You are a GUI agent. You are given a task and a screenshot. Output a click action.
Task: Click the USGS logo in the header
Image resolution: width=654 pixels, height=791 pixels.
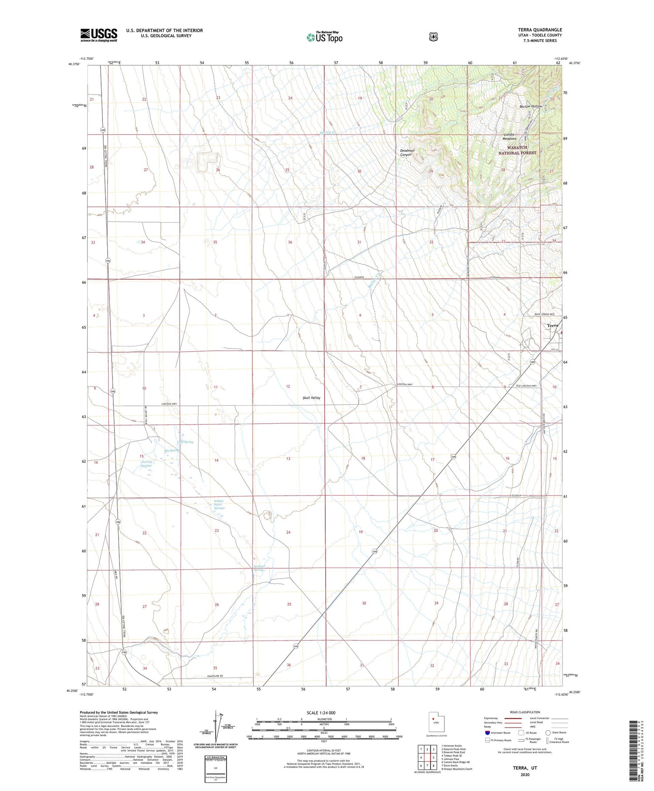point(99,35)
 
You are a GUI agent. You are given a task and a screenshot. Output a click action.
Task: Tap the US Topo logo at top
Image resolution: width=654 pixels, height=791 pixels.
point(324,37)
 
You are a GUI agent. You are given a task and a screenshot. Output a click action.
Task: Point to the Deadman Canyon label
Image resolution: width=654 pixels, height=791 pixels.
point(407,152)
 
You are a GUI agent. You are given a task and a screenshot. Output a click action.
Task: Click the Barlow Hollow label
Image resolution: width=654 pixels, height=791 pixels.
point(530,106)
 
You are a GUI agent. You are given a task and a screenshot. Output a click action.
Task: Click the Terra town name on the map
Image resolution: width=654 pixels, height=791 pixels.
point(552,325)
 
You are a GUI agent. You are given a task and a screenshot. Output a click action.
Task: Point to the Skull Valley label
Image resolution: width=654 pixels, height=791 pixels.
point(311,398)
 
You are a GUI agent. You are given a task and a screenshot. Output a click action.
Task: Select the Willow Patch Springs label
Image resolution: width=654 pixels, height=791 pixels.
point(219,504)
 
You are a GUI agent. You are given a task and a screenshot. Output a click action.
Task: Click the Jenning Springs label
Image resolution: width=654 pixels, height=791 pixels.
point(146,464)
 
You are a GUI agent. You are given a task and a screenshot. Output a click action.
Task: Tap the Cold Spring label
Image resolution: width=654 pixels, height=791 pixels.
point(184,442)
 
